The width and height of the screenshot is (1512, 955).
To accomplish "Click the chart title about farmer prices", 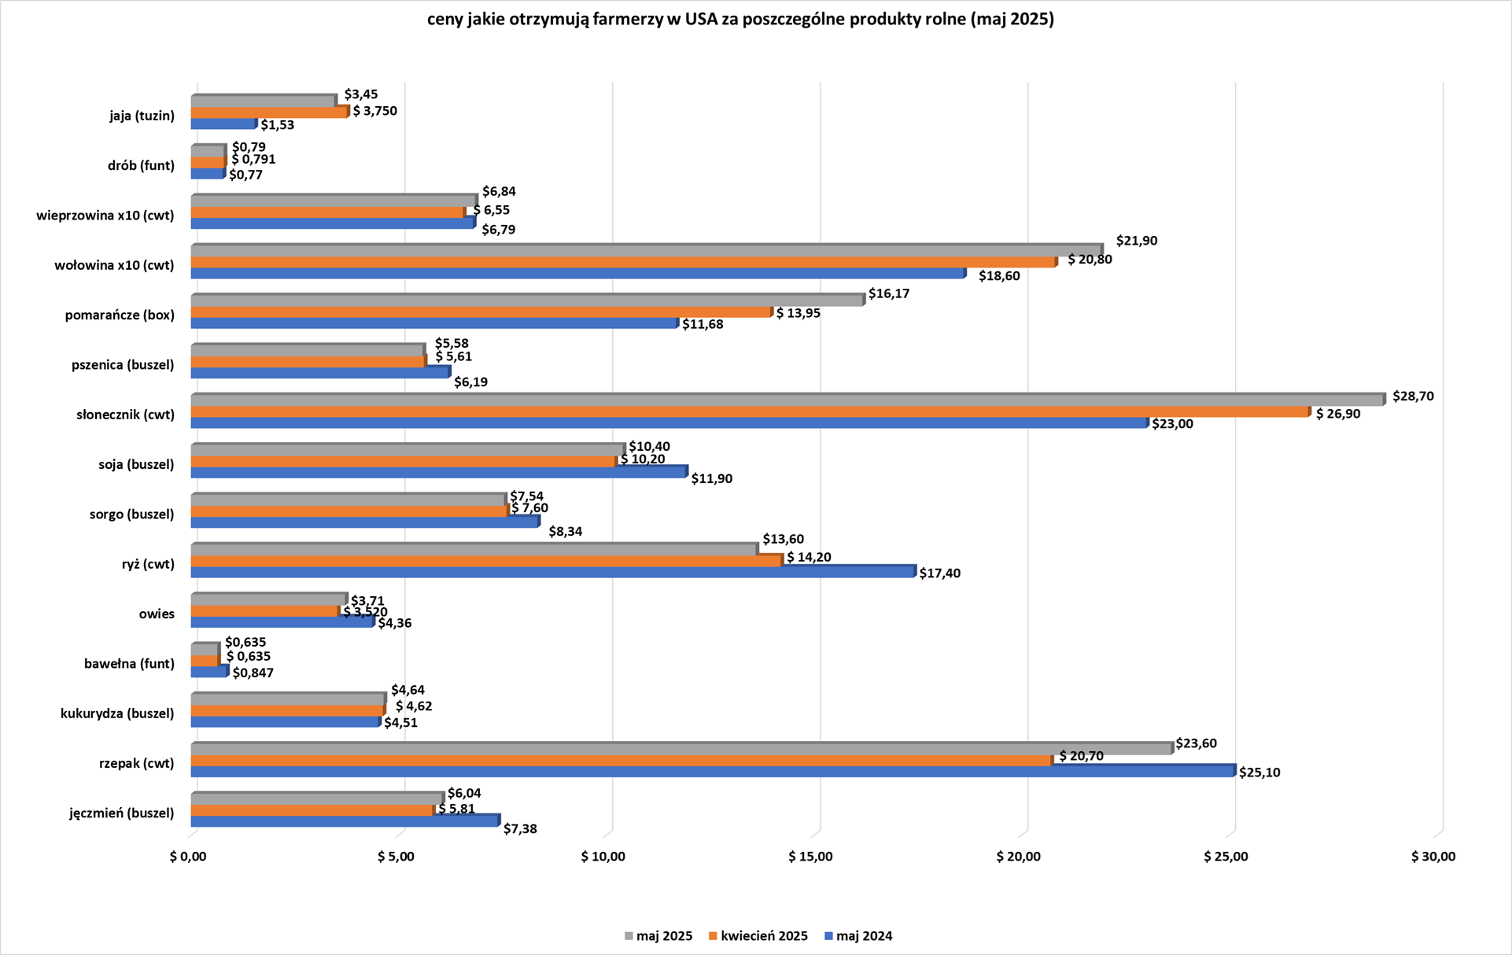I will [x=740, y=20].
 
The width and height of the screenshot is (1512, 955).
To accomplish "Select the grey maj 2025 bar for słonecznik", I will [x=787, y=400].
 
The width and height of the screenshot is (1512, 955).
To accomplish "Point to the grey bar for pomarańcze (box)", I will [x=527, y=301].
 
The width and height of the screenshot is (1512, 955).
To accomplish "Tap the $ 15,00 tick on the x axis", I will [x=810, y=857].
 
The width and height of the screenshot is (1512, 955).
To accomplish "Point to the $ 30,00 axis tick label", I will [x=1433, y=857].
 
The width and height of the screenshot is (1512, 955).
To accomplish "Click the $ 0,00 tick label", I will [x=188, y=857].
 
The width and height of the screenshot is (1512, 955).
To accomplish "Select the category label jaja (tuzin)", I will [x=142, y=116].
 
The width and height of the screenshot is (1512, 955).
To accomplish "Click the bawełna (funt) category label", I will [x=129, y=664].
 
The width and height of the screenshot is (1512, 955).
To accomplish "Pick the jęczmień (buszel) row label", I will [x=121, y=813].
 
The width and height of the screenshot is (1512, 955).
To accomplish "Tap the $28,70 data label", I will [x=1413, y=396].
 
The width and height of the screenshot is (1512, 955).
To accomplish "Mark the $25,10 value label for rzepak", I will [x=1259, y=772].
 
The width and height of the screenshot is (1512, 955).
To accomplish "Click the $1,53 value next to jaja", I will [x=277, y=125].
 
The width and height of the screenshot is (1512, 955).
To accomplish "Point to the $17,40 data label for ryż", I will [x=939, y=573].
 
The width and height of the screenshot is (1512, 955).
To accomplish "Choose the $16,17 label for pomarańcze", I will [x=889, y=293].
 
